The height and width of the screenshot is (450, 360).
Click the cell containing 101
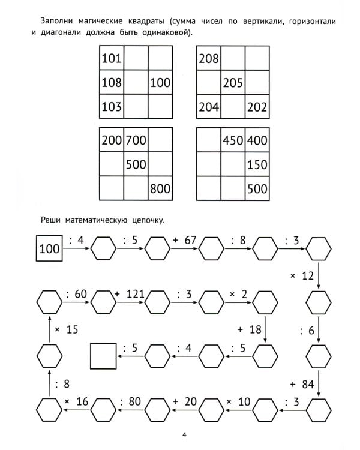[112, 59]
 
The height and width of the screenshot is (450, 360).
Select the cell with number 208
[209, 59]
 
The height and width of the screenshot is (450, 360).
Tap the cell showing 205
[233, 83]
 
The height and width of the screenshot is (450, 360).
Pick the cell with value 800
[160, 188]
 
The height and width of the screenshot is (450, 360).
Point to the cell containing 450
[233, 140]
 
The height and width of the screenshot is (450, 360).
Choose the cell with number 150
[257, 164]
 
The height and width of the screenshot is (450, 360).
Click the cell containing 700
[136, 140]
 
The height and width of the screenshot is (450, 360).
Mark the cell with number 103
[112, 108]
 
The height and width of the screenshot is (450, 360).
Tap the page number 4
[184, 434]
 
